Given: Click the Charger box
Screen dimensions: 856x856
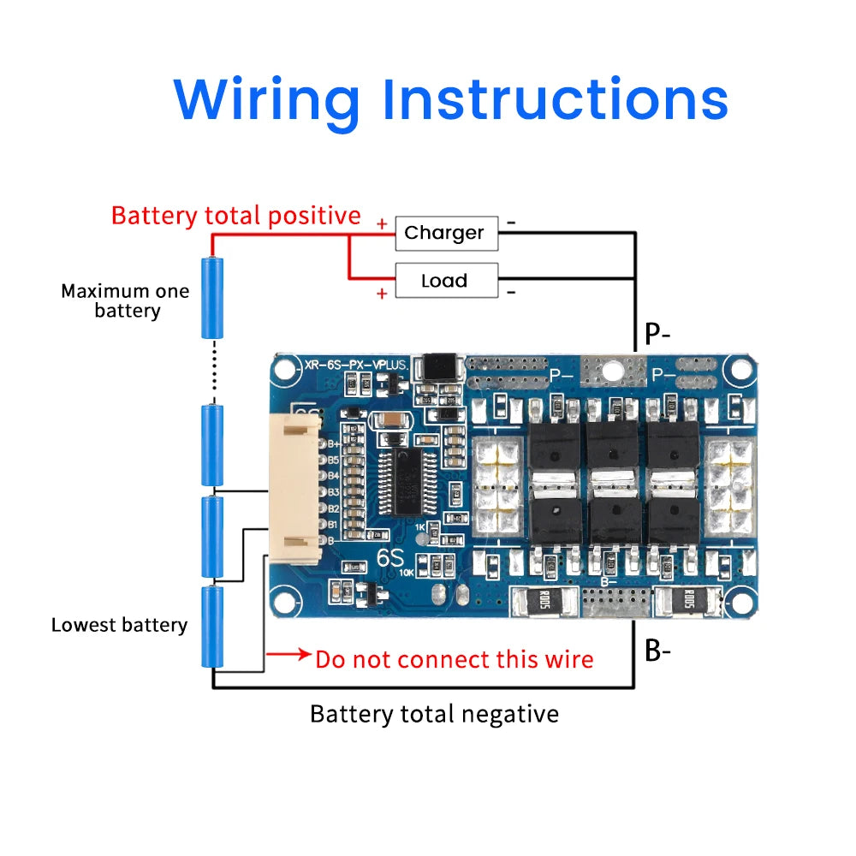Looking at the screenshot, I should pyautogui.click(x=445, y=233).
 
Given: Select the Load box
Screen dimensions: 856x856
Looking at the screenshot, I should pyautogui.click(x=445, y=281).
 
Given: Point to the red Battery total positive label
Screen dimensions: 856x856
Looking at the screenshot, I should pyautogui.click(x=235, y=215).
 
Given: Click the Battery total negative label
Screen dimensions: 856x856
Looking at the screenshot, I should pyautogui.click(x=434, y=713).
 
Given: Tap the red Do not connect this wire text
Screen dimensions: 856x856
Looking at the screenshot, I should pyautogui.click(x=454, y=659).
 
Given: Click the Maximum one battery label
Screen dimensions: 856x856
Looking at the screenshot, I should pyautogui.click(x=125, y=300).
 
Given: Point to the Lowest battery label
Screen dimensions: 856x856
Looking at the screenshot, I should pyautogui.click(x=119, y=625).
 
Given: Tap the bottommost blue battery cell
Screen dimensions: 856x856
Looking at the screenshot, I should pyautogui.click(x=212, y=626).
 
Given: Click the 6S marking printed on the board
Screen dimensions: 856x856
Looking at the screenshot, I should pyautogui.click(x=390, y=556).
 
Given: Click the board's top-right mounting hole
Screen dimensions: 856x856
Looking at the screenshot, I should pyautogui.click(x=737, y=371).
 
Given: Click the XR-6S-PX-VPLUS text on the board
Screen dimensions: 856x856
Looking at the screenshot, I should pyautogui.click(x=354, y=366).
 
